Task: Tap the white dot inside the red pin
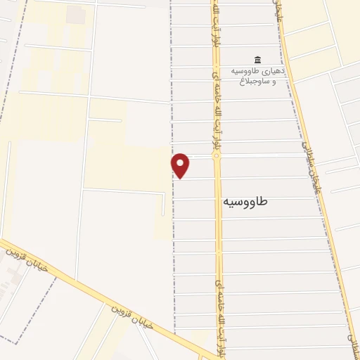[181, 162]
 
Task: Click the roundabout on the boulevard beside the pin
[217, 156]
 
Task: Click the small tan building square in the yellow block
[75, 15]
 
